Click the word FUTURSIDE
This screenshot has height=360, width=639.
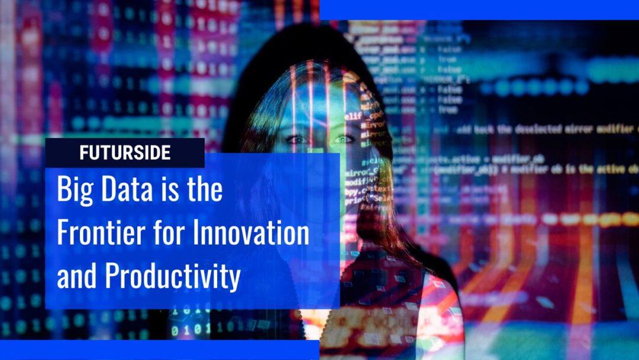coord(125,153)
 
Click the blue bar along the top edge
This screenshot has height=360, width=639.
coord(479,9)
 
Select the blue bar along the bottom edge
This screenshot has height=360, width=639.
coord(160,350)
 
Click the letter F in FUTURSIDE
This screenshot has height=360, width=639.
coord(83,153)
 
